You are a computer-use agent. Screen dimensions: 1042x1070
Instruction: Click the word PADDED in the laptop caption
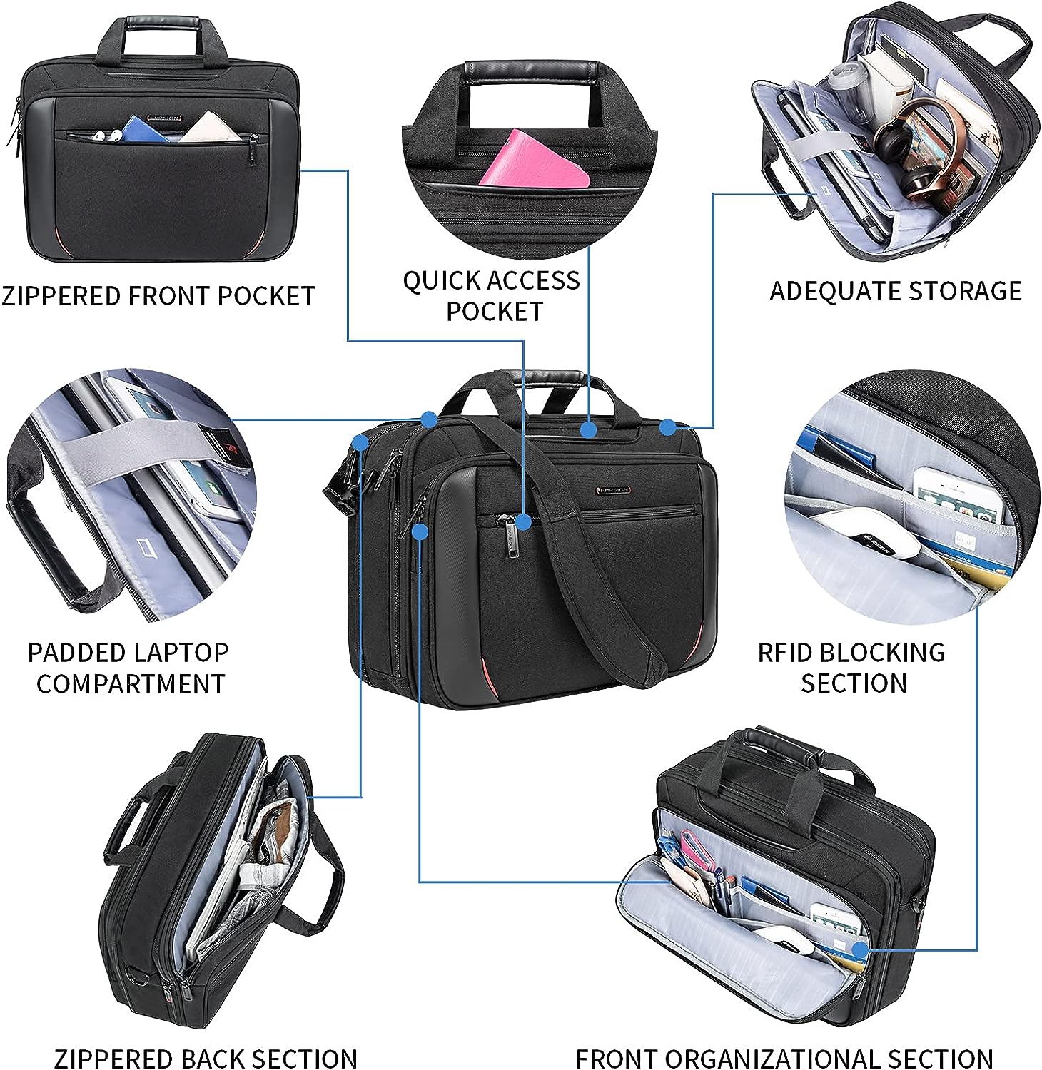[76, 652]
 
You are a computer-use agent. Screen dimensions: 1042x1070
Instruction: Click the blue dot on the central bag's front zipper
[523, 522]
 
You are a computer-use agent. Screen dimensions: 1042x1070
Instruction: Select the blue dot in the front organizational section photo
[860, 949]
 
